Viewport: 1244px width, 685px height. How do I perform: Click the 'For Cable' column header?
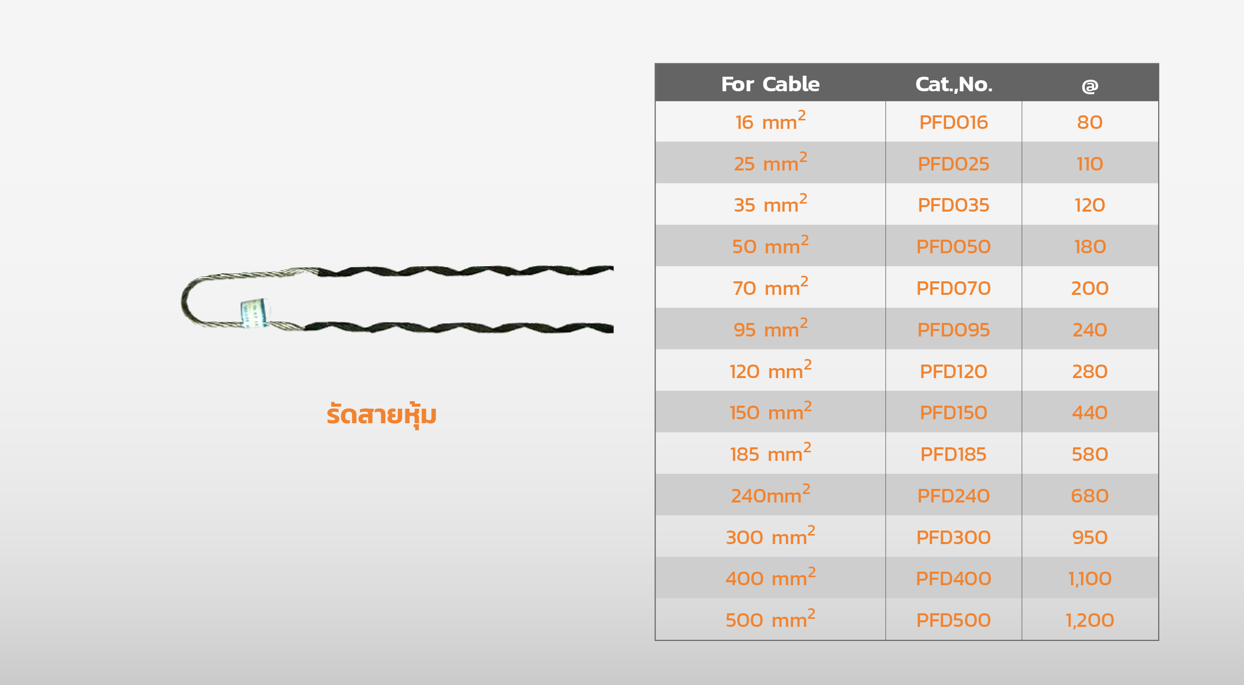[x=770, y=84]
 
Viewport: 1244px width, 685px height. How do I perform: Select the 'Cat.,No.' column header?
[x=954, y=84]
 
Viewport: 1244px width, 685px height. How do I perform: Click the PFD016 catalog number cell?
[x=953, y=122]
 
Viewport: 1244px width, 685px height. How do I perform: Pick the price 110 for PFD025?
[x=1090, y=164]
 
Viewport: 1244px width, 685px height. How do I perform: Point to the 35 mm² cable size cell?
[x=770, y=205]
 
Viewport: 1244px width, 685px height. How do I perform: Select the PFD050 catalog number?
[x=953, y=247]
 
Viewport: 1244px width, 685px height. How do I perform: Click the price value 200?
[x=1090, y=288]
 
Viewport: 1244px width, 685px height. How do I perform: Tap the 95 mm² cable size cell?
[x=770, y=329]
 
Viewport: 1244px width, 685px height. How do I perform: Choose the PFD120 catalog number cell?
[x=953, y=372]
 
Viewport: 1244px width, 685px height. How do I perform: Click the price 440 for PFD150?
[x=1090, y=413]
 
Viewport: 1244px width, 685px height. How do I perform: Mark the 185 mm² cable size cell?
[x=770, y=453]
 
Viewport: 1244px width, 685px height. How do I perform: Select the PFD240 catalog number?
[x=953, y=496]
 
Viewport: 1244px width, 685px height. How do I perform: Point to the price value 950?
[x=1090, y=538]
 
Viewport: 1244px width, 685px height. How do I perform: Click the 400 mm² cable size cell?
[x=770, y=578]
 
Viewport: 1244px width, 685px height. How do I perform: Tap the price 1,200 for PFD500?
[x=1090, y=620]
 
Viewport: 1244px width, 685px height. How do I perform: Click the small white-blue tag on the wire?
[x=255, y=313]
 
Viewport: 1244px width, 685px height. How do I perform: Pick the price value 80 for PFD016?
[x=1090, y=122]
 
